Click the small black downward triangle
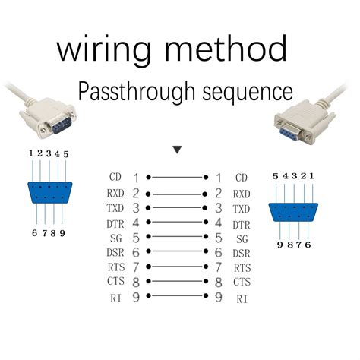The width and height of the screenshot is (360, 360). [x=177, y=150]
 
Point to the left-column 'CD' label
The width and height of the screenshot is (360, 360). [x=115, y=177]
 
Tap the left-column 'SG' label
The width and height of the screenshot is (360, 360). [x=115, y=239]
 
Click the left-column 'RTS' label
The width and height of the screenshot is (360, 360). [x=115, y=268]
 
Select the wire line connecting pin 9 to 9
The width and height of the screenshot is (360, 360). [x=177, y=297]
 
